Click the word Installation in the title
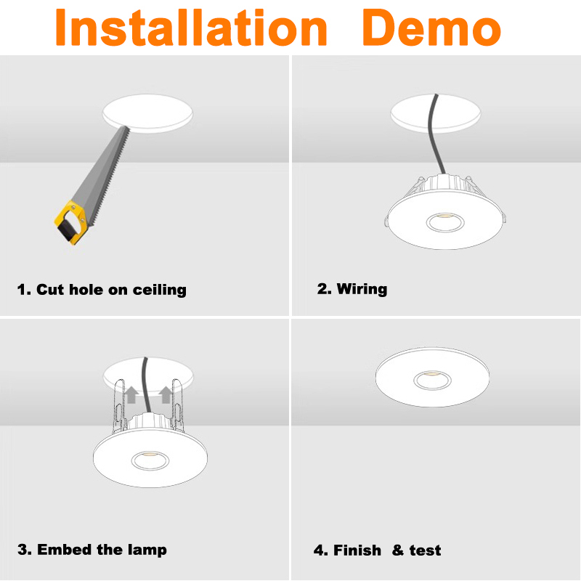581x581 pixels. click(x=191, y=28)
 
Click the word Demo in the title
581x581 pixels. click(x=431, y=28)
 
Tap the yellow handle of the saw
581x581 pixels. click(x=72, y=222)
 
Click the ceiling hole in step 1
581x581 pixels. click(x=147, y=113)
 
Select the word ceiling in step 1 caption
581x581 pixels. click(x=159, y=290)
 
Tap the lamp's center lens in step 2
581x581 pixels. click(x=445, y=222)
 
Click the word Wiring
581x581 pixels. click(x=362, y=289)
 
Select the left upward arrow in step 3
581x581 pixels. click(x=131, y=395)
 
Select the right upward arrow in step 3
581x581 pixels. click(x=166, y=395)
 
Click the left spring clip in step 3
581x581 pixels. click(x=119, y=406)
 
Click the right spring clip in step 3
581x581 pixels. click(x=177, y=405)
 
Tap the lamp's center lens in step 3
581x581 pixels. click(x=150, y=460)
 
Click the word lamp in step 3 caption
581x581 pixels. click(x=147, y=550)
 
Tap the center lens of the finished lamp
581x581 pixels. click(x=432, y=380)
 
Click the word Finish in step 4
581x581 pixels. click(x=357, y=550)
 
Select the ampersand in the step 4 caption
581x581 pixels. click(x=398, y=550)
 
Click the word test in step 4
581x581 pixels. click(x=425, y=550)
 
